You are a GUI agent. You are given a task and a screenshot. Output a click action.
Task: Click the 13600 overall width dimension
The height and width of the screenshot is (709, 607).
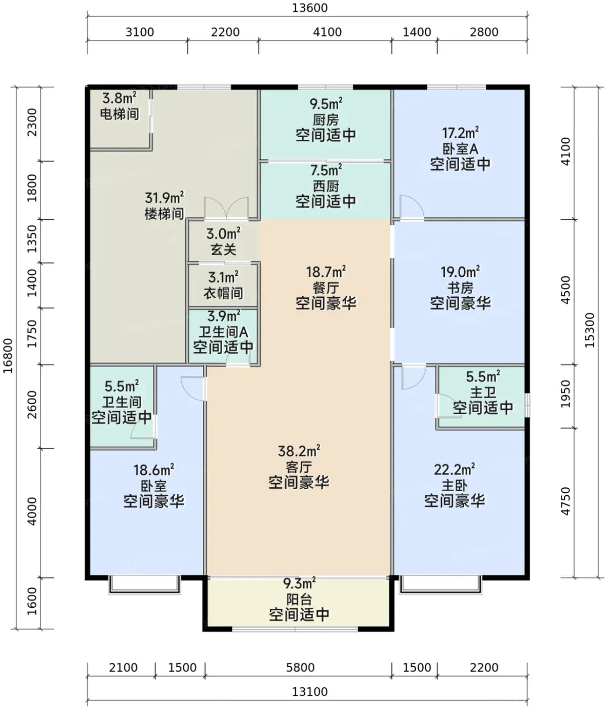click(x=310, y=8)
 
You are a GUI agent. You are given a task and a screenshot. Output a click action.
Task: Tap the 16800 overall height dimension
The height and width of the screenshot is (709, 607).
click(x=8, y=356)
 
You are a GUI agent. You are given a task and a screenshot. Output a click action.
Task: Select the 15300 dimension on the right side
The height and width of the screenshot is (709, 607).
click(x=589, y=330)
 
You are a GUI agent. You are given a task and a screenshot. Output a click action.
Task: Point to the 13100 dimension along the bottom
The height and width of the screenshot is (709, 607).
click(x=310, y=691)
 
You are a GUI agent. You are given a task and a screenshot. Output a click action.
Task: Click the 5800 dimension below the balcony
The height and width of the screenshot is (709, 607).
click(x=300, y=667)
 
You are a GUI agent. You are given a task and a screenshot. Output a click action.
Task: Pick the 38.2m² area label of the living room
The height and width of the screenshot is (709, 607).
click(x=299, y=451)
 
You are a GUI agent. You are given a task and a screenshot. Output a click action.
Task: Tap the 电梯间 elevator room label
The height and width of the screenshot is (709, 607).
click(x=119, y=113)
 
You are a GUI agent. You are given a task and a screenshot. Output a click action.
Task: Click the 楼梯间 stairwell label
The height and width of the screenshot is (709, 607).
click(x=164, y=214)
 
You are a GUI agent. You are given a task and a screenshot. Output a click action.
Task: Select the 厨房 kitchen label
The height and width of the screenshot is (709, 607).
click(x=326, y=120)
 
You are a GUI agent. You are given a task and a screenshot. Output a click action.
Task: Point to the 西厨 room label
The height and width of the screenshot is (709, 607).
click(x=326, y=186)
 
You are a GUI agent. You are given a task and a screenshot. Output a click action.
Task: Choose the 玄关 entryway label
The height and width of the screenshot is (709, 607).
click(x=223, y=250)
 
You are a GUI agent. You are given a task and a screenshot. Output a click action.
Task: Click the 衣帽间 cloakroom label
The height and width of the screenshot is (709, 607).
click(x=223, y=293)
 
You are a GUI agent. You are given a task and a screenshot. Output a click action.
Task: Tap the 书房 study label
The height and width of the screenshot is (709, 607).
click(x=460, y=288)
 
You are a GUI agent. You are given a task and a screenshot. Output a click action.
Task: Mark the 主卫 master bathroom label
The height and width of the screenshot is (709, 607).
click(x=483, y=392)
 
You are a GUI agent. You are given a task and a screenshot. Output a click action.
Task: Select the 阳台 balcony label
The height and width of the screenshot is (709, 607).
click(x=299, y=599)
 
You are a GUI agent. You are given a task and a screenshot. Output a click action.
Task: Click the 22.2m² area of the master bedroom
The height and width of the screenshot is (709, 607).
click(x=455, y=469)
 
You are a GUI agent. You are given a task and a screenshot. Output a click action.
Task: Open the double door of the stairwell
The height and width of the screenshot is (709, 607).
click(x=226, y=208)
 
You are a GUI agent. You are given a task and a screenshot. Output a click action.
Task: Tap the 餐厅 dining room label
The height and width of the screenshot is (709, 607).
click(x=326, y=288)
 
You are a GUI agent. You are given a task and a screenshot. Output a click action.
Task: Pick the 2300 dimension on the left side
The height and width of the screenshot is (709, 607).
click(x=32, y=122)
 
